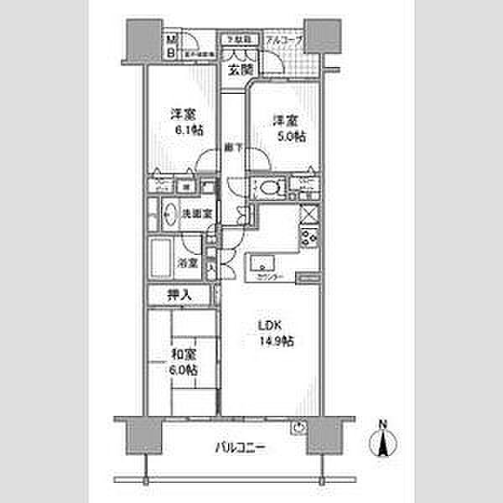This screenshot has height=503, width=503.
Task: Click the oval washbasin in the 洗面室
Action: (168, 213)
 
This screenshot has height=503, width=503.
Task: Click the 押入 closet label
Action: (179, 295)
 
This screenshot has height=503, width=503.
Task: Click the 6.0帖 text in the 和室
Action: (187, 370)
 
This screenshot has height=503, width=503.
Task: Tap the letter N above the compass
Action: (383, 423)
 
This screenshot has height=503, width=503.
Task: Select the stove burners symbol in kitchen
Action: (309, 237)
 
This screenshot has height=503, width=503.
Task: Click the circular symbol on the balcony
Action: (300, 428)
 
